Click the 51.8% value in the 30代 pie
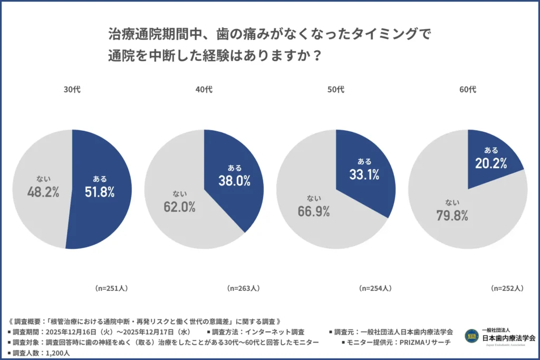[100, 192]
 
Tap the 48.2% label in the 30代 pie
[43, 192]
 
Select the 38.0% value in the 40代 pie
[235, 181]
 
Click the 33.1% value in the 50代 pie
[364, 174]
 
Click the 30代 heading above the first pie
[72, 90]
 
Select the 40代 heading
[204, 90]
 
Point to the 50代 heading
[335, 90]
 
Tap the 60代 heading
[468, 90]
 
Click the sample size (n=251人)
[111, 288]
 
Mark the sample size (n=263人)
[243, 288]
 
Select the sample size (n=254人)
[375, 288]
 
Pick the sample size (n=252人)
[507, 288]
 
